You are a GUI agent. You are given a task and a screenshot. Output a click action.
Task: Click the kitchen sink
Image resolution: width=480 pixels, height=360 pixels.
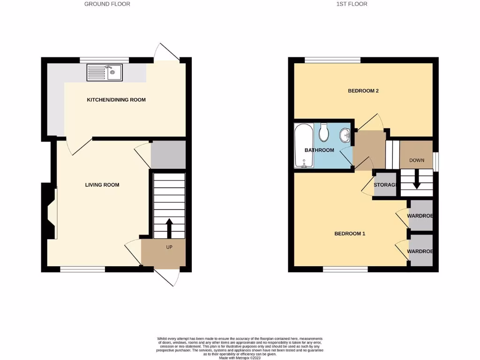104,73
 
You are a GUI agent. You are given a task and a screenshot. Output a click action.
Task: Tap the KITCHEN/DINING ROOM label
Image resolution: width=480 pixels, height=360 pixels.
116,100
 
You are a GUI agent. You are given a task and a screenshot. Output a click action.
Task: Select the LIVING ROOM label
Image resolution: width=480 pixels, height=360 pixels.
102,185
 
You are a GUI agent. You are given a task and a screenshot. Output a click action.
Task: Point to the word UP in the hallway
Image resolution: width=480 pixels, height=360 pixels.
169,247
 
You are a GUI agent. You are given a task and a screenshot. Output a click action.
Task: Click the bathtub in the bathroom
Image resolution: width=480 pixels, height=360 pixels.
304,145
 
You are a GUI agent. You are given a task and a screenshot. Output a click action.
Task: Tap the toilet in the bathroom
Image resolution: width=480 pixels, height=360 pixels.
323,133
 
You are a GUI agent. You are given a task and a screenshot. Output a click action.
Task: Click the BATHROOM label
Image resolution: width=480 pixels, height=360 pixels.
319,150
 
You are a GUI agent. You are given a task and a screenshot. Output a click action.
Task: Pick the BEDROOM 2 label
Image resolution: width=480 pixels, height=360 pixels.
363,91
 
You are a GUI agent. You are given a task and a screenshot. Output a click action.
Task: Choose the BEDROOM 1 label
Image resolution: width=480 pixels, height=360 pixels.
349,233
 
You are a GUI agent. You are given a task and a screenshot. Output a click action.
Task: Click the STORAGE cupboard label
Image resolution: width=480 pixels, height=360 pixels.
385,185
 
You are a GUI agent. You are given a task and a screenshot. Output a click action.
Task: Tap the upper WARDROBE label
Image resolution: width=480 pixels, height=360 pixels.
420,216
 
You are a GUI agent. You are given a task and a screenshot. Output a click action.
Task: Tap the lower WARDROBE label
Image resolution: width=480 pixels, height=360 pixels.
420,251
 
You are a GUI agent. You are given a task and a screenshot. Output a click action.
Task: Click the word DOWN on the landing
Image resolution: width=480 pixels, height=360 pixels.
417,160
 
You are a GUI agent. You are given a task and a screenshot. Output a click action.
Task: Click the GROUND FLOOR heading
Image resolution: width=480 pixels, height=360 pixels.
107,4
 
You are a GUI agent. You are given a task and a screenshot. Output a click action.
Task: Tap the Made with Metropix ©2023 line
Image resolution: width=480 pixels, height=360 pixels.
240,357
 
